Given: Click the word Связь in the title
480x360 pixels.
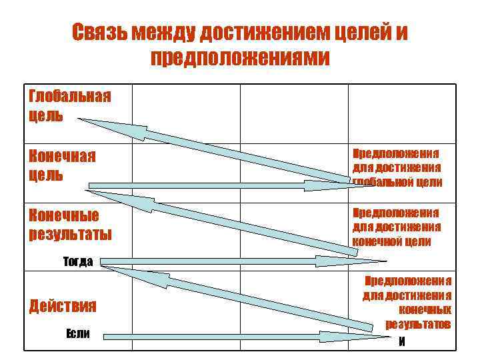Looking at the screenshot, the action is pos(99,33).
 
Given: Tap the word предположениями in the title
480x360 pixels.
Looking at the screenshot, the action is pos(240,58).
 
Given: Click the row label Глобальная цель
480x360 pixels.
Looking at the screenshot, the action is pos(69,105).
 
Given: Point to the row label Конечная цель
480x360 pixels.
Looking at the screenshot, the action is pos(62,165).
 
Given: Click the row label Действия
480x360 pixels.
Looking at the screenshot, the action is pos(63,306).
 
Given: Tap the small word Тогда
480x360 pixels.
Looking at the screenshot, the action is pos(79,261).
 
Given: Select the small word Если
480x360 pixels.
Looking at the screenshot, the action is pos(78,333).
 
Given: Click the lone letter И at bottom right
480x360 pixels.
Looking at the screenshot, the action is pos(401,342).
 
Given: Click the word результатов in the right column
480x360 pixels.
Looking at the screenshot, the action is pos(418,324).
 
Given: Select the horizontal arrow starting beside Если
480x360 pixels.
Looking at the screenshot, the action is pos(227,337).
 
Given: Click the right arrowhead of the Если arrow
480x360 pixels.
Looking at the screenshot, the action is pos(357,337).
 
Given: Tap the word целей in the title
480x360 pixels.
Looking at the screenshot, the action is pos(364,33).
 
